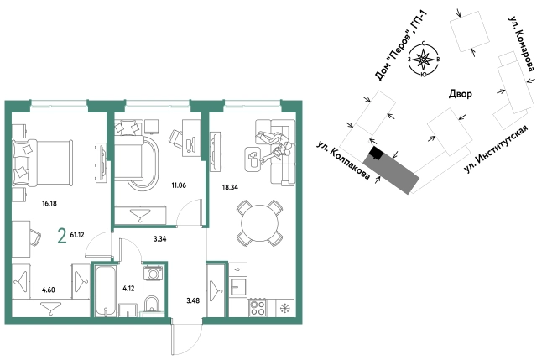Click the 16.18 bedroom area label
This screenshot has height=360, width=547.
[49, 203]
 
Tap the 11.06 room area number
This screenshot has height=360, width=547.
[179, 185]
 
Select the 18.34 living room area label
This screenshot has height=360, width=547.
[230, 187]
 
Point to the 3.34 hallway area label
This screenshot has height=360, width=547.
[159, 239]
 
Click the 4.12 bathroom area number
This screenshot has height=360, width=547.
[128, 289]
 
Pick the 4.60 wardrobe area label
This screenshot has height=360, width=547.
[49, 290]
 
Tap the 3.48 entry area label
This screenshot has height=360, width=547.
[193, 300]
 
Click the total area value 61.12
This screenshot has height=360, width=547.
[77, 235]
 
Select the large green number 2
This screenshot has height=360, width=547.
[62, 236]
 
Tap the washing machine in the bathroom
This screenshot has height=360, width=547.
[154, 273]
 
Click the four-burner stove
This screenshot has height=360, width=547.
[258, 308]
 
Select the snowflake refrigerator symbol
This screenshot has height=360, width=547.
[285, 308]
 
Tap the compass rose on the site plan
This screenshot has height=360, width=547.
[423, 60]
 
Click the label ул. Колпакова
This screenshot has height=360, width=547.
[343, 160]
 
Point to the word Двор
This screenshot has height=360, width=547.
[460, 93]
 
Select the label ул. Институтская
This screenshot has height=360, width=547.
[496, 149]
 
